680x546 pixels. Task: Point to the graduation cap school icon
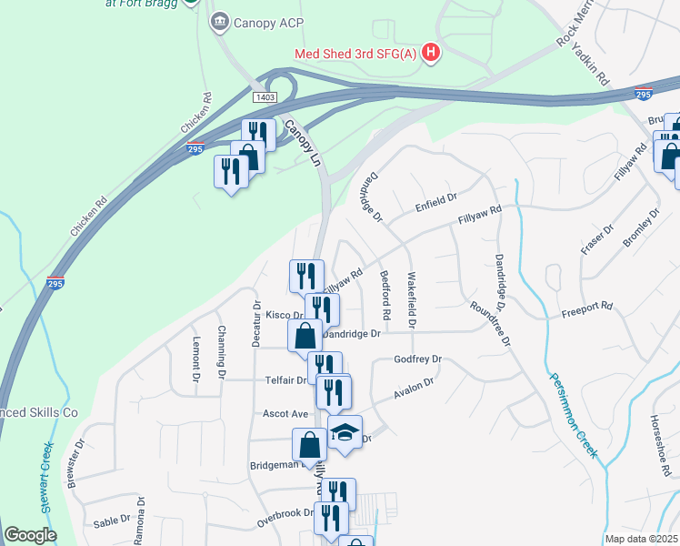[x=345, y=431]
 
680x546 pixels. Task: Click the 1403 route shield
[x=265, y=97]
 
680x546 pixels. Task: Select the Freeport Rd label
[x=587, y=309]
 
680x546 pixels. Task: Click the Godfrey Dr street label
[x=417, y=359]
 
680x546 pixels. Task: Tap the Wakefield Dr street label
[x=413, y=299]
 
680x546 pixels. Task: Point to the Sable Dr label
[x=113, y=523]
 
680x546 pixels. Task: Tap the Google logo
[x=30, y=535]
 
